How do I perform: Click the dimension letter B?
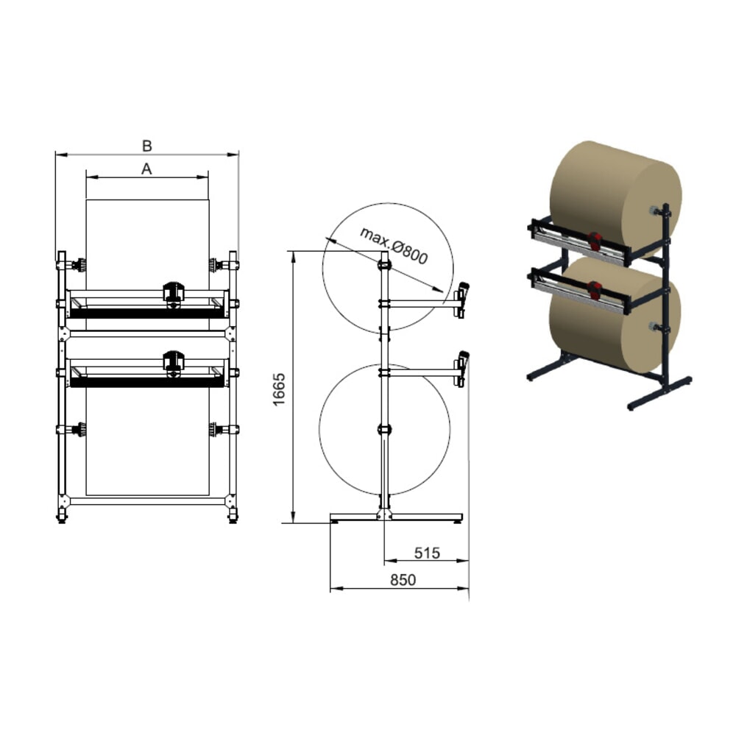[146, 145]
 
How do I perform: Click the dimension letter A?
[146, 169]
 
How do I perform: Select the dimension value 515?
[426, 552]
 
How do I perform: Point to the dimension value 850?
[402, 580]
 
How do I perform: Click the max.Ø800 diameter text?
[394, 245]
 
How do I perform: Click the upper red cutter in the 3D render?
[595, 239]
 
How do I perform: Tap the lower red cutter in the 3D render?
[595, 289]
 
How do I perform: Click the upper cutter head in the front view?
[173, 293]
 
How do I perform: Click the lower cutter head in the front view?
[173, 363]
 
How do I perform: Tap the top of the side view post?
[383, 256]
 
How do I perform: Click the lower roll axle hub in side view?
[383, 429]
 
